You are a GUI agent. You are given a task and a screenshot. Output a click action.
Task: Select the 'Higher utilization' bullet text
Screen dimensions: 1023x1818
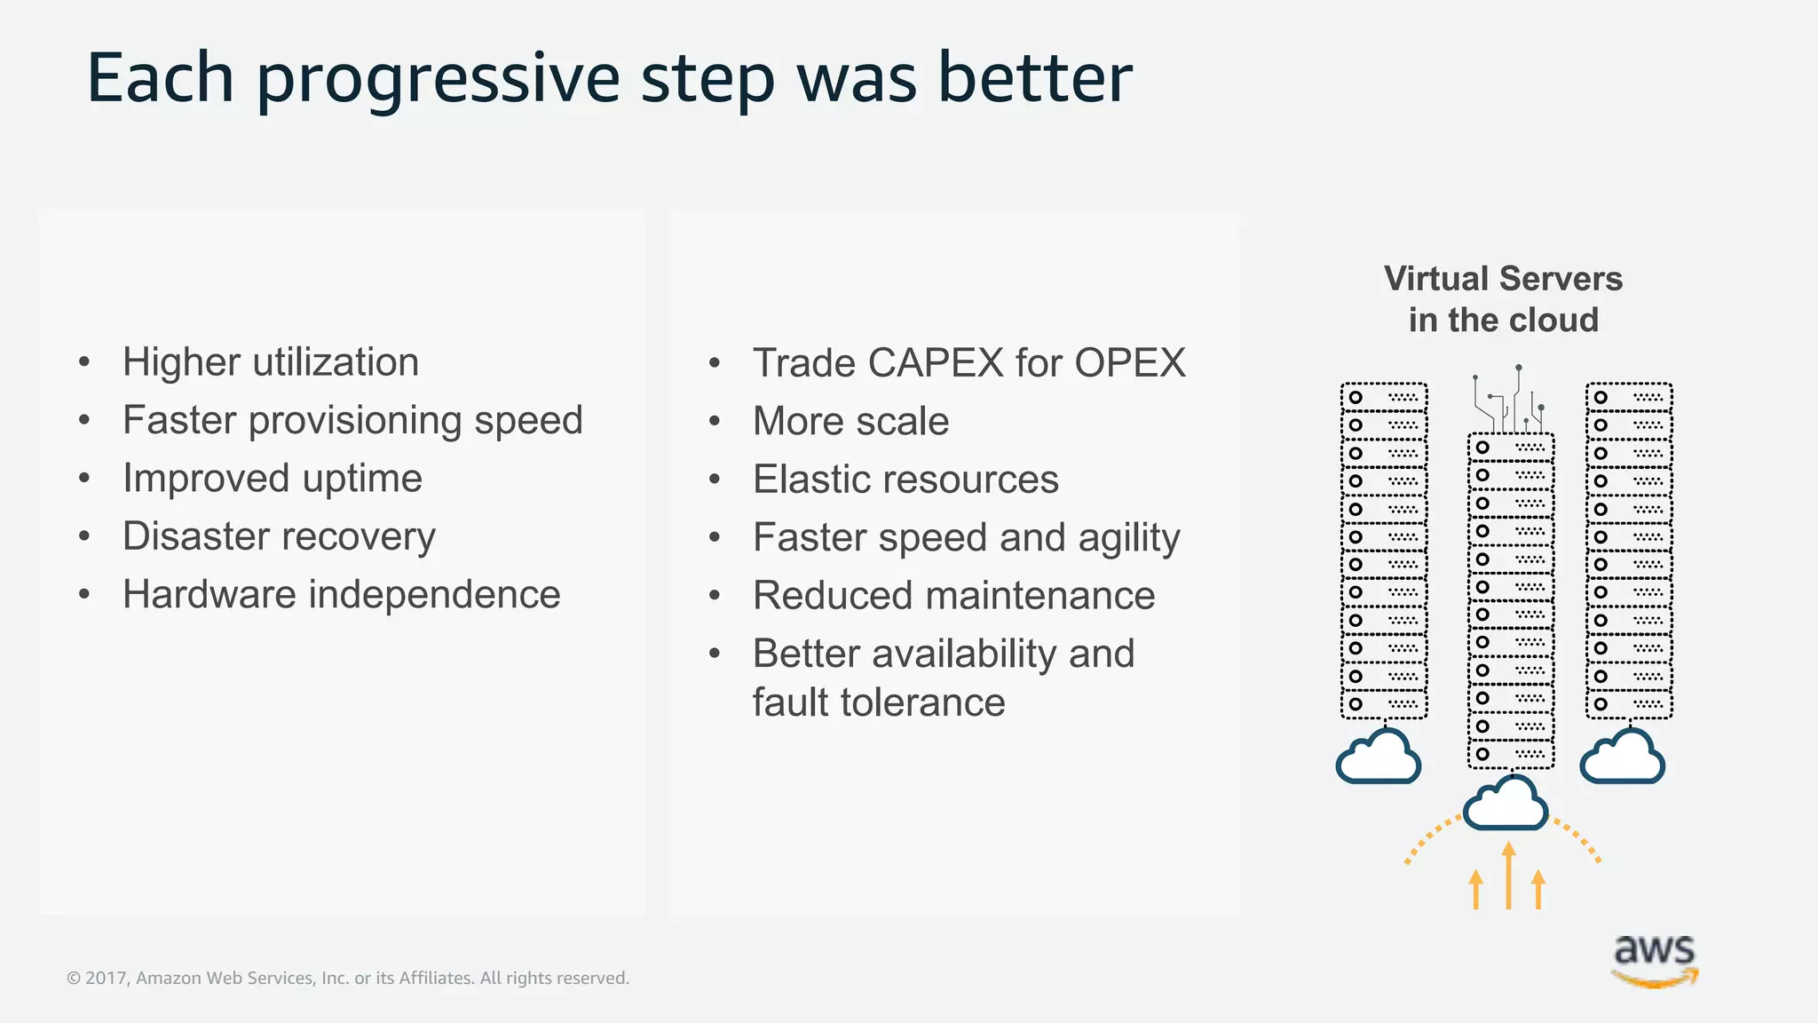click(x=271, y=362)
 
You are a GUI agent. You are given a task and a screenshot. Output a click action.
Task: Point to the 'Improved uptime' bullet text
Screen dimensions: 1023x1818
click(x=273, y=479)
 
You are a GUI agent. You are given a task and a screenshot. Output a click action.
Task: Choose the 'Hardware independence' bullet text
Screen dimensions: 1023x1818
click(x=342, y=594)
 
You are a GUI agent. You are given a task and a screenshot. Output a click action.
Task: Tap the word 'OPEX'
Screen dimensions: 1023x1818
click(x=1130, y=363)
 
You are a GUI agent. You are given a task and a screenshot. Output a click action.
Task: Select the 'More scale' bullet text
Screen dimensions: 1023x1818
click(x=850, y=421)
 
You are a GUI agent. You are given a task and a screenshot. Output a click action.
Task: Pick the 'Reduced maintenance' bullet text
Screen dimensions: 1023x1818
click(x=953, y=595)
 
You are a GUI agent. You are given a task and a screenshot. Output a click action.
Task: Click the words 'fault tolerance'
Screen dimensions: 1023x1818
click(x=879, y=702)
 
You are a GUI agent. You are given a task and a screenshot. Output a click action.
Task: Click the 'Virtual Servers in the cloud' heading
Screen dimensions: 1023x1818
click(x=1503, y=299)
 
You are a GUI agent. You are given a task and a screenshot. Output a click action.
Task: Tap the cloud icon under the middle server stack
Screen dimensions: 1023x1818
click(x=1505, y=804)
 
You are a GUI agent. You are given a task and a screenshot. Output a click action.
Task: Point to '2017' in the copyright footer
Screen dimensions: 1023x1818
click(x=107, y=978)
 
